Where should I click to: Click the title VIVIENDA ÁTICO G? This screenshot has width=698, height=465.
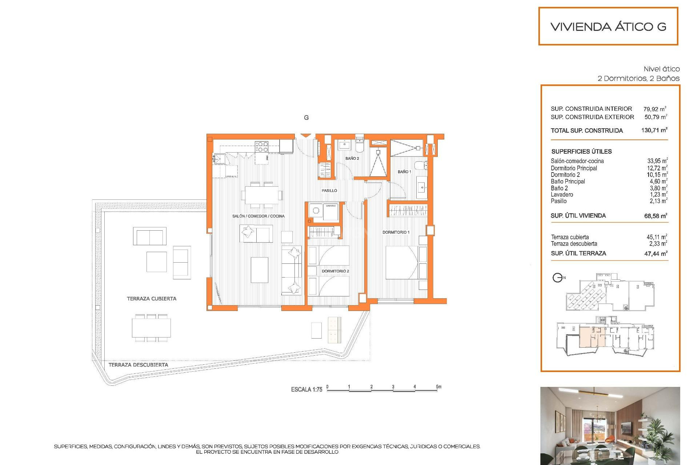(x=608, y=27)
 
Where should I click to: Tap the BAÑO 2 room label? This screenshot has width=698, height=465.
(x=352, y=158)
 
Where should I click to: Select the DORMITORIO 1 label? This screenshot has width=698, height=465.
(x=396, y=232)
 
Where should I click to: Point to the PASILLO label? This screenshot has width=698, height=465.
(x=329, y=190)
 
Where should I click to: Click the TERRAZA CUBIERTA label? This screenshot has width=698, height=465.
(x=151, y=299)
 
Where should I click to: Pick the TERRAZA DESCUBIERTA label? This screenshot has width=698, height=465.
(x=138, y=365)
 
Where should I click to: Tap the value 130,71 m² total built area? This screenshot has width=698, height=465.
(x=654, y=130)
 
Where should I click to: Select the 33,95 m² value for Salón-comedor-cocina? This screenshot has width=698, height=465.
(x=657, y=161)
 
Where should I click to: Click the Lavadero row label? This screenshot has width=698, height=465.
(x=562, y=194)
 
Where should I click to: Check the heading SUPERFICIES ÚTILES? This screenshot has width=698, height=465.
(x=581, y=151)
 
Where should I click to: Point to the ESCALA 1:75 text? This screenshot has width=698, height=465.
(x=306, y=389)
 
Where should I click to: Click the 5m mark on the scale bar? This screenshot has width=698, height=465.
(x=438, y=387)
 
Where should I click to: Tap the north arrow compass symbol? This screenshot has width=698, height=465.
(x=557, y=278)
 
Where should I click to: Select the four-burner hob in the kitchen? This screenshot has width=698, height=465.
(x=261, y=147)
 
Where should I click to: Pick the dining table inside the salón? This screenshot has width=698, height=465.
(x=261, y=195)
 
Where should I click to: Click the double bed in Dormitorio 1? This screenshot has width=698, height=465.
(x=401, y=263)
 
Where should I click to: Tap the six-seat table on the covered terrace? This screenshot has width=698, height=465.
(x=151, y=328)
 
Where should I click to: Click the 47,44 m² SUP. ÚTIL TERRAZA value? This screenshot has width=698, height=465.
(x=655, y=254)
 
